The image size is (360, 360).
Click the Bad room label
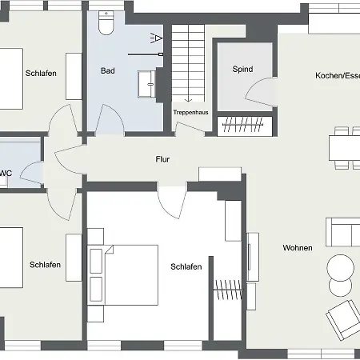pos(107,70)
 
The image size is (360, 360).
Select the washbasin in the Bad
pos(147,82)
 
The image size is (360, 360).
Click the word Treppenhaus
pos(190,113)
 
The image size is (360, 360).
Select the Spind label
pos(242,70)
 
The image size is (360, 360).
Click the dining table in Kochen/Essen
pos(345,148)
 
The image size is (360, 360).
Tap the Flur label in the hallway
pos(162,159)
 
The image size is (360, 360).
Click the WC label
pos(6,172)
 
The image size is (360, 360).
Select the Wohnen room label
pos(298,248)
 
